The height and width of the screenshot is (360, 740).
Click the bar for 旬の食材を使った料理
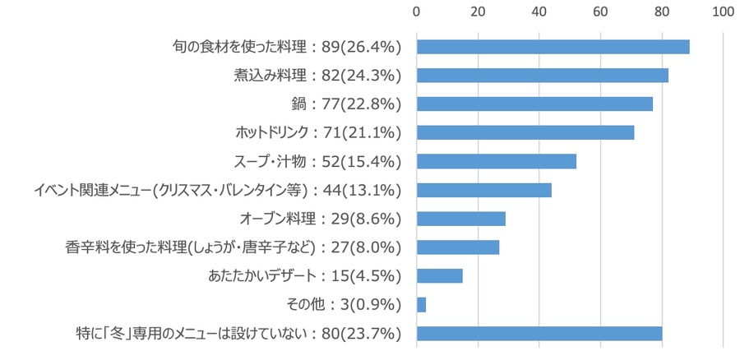click(553, 47)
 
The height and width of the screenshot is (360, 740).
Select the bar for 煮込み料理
click(542, 76)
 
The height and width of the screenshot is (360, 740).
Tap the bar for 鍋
click(534, 104)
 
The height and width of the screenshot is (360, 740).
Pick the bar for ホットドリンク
click(525, 132)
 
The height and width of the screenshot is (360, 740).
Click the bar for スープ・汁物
click(497, 161)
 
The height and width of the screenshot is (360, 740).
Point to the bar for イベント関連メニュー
click(484, 190)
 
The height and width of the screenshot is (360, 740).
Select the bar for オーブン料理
click(461, 219)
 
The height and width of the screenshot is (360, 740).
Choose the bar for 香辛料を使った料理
click(458, 247)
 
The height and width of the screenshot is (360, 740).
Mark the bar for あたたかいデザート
click(440, 276)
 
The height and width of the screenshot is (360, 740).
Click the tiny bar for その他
click(422, 305)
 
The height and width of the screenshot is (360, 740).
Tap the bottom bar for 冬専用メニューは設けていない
click(539, 334)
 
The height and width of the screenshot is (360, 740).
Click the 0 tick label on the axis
click(417, 12)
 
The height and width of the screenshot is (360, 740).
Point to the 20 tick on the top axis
click(478, 12)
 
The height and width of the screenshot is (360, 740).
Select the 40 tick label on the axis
click(539, 12)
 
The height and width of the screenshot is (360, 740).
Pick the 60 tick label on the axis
click(600, 12)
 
